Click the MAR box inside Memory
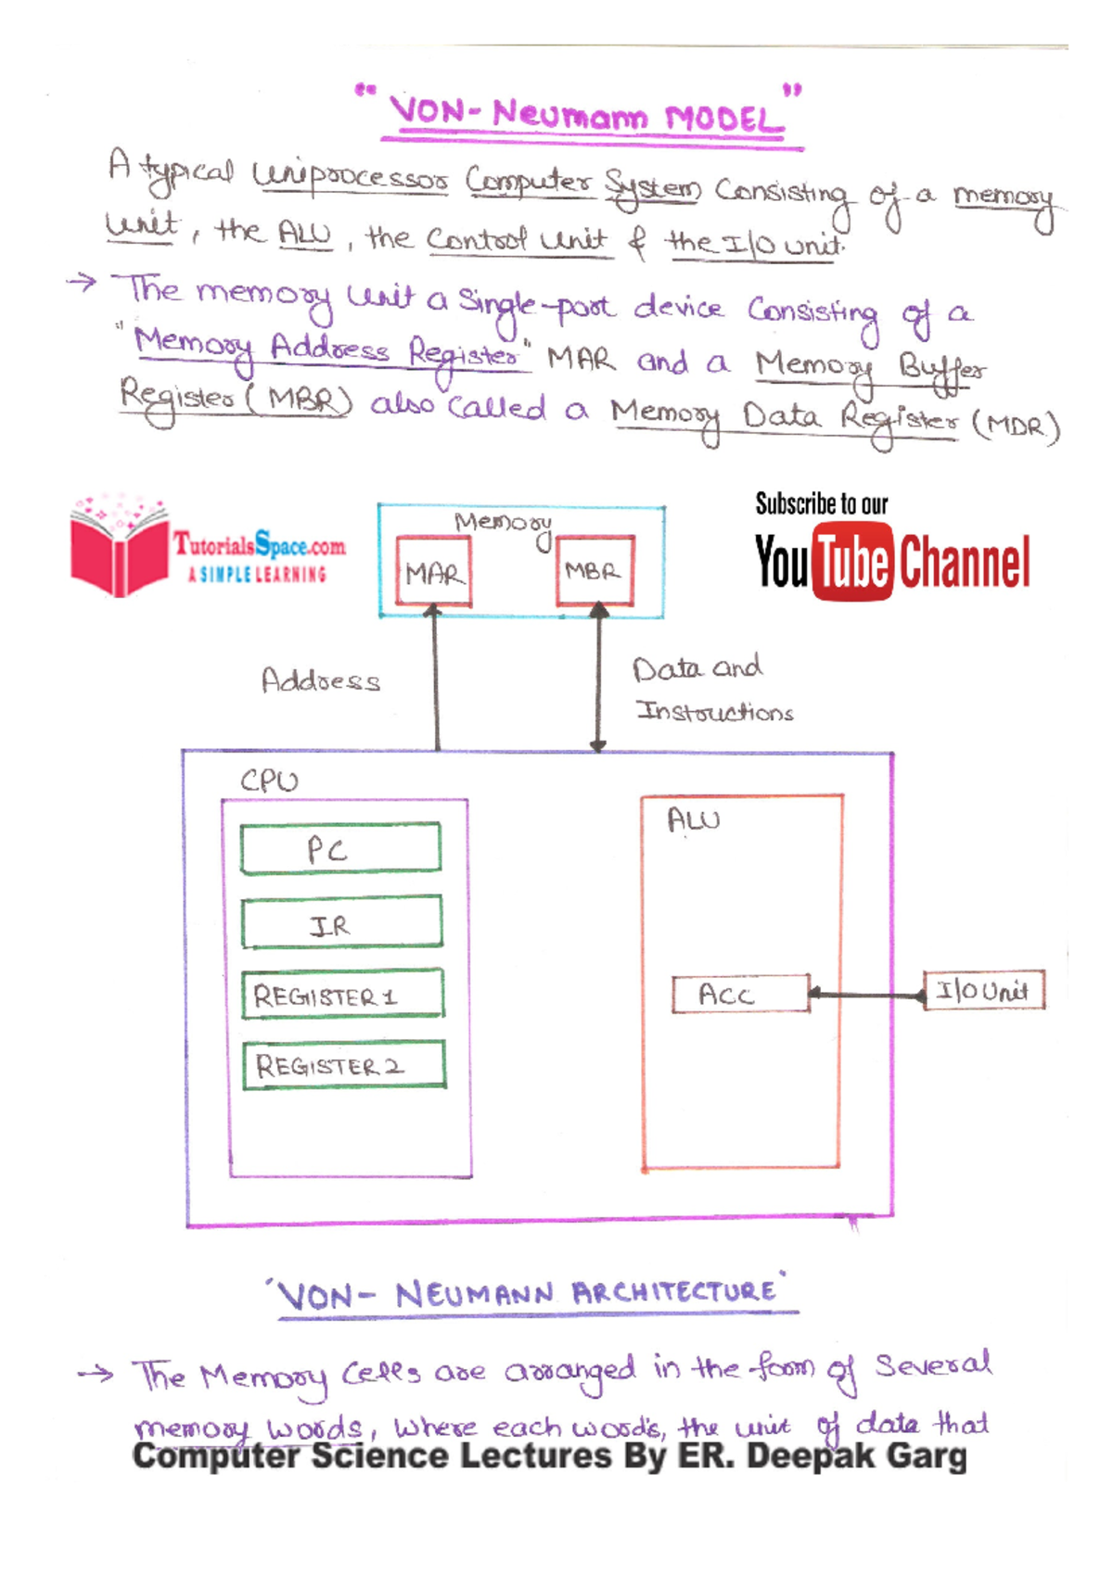click(433, 572)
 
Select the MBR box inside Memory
click(595, 570)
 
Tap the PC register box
click(340, 848)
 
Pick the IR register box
click(341, 922)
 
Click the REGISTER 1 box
click(342, 995)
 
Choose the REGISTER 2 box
click(344, 1065)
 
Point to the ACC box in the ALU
click(740, 995)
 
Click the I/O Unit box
click(984, 990)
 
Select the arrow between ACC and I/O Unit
click(867, 996)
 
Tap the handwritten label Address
click(321, 680)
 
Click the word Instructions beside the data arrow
click(714, 712)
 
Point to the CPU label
click(269, 781)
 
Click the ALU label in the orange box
click(693, 819)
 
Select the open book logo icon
click(118, 547)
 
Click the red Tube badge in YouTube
click(852, 562)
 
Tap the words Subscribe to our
click(821, 504)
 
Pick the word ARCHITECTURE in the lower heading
click(674, 1292)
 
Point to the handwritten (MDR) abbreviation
click(1016, 426)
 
